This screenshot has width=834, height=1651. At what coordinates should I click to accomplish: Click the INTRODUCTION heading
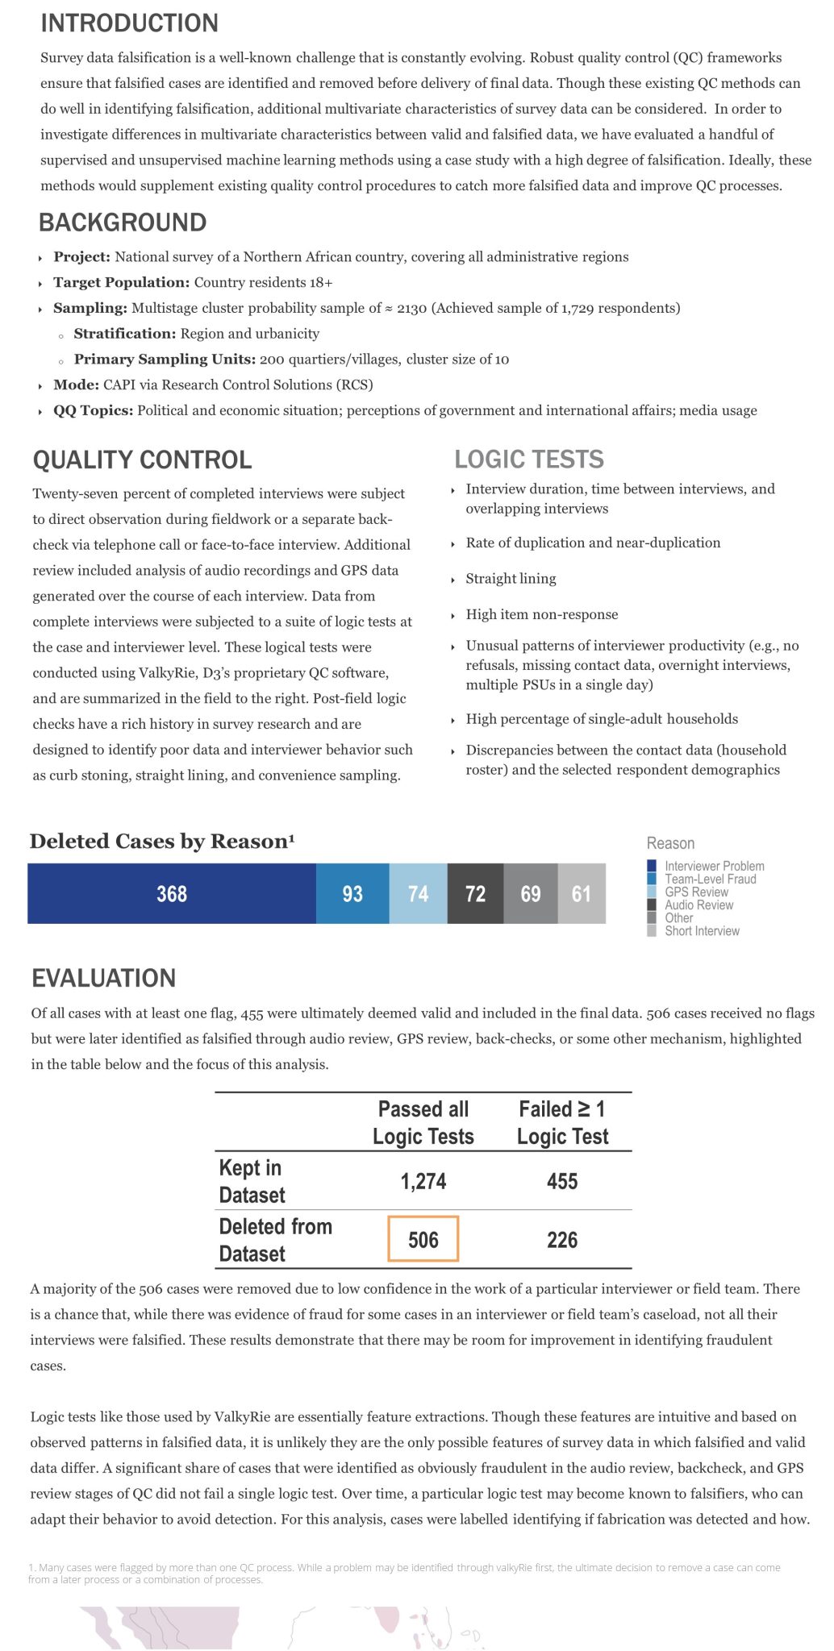[x=129, y=23]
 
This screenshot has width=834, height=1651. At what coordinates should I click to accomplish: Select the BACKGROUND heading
[x=123, y=222]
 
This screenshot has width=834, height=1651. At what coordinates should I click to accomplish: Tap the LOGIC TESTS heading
[x=529, y=460]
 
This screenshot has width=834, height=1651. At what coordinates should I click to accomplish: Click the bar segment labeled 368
[x=172, y=893]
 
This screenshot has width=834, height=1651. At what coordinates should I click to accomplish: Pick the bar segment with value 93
[x=352, y=893]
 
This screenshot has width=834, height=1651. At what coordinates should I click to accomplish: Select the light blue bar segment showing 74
[x=418, y=893]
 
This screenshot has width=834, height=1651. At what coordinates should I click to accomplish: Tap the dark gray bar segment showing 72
[x=476, y=893]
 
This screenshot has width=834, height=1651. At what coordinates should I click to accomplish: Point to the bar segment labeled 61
[x=582, y=893]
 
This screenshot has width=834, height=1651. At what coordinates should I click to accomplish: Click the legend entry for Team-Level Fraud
[x=710, y=880]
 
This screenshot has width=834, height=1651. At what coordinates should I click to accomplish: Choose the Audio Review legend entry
[x=698, y=905]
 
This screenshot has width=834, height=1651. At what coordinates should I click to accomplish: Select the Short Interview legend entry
[x=702, y=931]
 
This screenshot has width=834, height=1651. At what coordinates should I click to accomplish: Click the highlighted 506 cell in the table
[x=423, y=1239]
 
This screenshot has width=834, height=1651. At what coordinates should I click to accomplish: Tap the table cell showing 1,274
[x=423, y=1181]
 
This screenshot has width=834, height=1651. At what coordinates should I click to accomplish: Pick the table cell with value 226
[x=562, y=1239]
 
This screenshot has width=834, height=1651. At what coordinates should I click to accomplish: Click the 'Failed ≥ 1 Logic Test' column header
[x=562, y=1122]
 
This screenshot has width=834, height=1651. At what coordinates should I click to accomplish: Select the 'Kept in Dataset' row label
[x=252, y=1181]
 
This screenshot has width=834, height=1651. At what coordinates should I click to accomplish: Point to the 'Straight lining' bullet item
[x=511, y=579]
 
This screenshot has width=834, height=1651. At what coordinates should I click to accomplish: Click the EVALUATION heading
[x=103, y=979]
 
